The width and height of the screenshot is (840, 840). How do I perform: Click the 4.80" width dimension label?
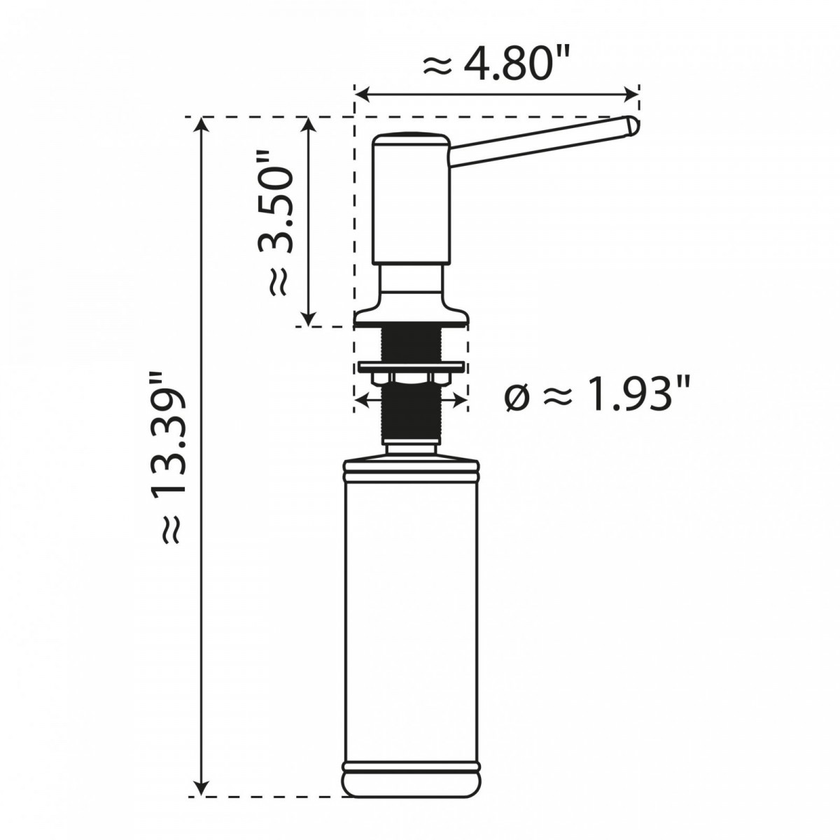click(497, 65)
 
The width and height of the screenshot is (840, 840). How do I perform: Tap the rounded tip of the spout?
click(632, 127)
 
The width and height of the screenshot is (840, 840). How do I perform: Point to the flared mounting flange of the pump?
click(410, 316)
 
